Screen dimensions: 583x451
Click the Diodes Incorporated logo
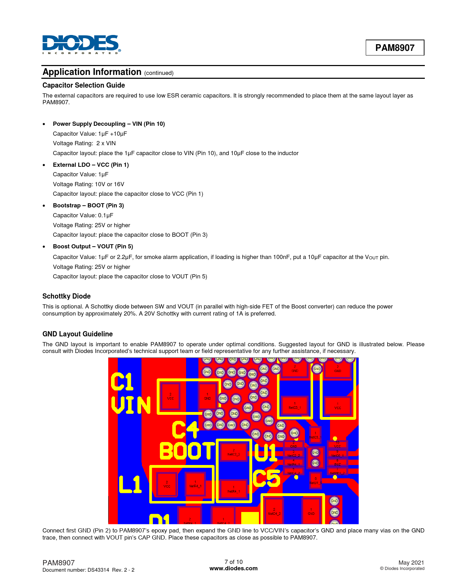[81, 44]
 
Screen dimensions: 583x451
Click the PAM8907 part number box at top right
[395, 48]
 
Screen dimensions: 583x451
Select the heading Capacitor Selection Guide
[83, 85]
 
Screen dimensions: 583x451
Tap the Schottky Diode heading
[67, 296]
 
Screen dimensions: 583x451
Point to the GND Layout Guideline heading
[77, 334]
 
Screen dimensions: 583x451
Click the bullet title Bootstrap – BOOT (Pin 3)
[88, 205]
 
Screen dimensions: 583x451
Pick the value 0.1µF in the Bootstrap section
[105, 215]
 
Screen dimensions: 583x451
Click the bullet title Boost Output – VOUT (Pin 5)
[93, 246]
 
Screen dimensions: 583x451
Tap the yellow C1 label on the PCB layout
[122, 382]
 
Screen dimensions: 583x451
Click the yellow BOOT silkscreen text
[187, 451]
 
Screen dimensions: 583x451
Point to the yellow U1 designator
[266, 452]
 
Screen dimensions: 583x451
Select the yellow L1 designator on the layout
[130, 484]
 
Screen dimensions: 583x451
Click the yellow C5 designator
[267, 479]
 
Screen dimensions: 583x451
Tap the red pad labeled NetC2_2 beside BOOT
[233, 453]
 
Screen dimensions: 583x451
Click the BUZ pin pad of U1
[337, 463]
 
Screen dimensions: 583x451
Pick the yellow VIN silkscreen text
[131, 405]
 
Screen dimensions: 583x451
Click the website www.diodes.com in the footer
[233, 569]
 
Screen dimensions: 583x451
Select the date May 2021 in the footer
[411, 563]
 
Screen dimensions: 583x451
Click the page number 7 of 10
[233, 562]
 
